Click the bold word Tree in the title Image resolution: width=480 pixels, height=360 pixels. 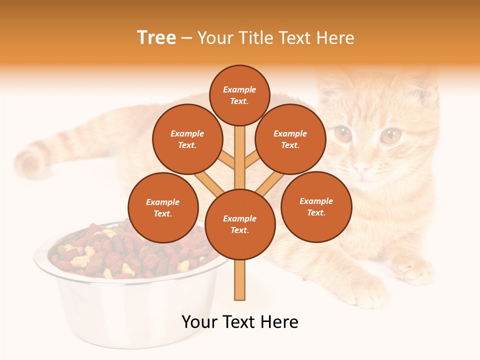[x=156, y=38]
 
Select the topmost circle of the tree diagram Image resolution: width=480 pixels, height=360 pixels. [x=239, y=95]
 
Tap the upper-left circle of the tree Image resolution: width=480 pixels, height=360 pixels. [x=187, y=139]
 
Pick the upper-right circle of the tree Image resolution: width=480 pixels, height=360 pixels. [x=290, y=139]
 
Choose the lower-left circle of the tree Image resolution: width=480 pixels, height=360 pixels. [x=163, y=207]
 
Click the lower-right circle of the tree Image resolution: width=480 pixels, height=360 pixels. [x=316, y=206]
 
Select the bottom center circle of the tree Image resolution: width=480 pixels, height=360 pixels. [x=240, y=224]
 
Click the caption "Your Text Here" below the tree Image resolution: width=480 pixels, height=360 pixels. [x=239, y=322]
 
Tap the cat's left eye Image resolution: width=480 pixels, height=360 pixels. [x=342, y=133]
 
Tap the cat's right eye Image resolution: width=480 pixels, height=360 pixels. [x=391, y=135]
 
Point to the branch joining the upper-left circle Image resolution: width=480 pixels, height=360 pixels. [x=226, y=160]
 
